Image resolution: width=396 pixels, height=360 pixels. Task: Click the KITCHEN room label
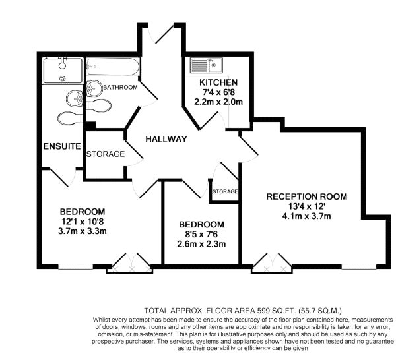coord(218,82)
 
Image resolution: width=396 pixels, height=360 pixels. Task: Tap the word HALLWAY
coord(167,139)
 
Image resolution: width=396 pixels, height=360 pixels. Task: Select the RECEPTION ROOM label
coord(307,196)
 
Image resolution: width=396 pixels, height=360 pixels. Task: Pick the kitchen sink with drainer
coord(207,66)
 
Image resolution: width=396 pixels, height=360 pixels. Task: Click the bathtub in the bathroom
coord(112,67)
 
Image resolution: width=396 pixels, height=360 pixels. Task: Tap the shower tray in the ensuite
coord(62,71)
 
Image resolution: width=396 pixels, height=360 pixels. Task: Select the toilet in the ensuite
coord(69,117)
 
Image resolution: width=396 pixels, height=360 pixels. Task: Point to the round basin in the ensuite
coord(73,99)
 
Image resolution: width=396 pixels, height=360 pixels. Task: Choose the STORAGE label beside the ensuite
coord(105,154)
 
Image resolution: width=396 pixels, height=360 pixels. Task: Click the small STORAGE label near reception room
coord(224,191)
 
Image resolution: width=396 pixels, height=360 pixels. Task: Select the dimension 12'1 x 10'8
coord(83,221)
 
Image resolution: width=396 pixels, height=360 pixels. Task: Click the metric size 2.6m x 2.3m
coord(202,244)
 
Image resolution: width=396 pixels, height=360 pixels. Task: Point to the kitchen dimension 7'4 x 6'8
coord(218,92)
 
